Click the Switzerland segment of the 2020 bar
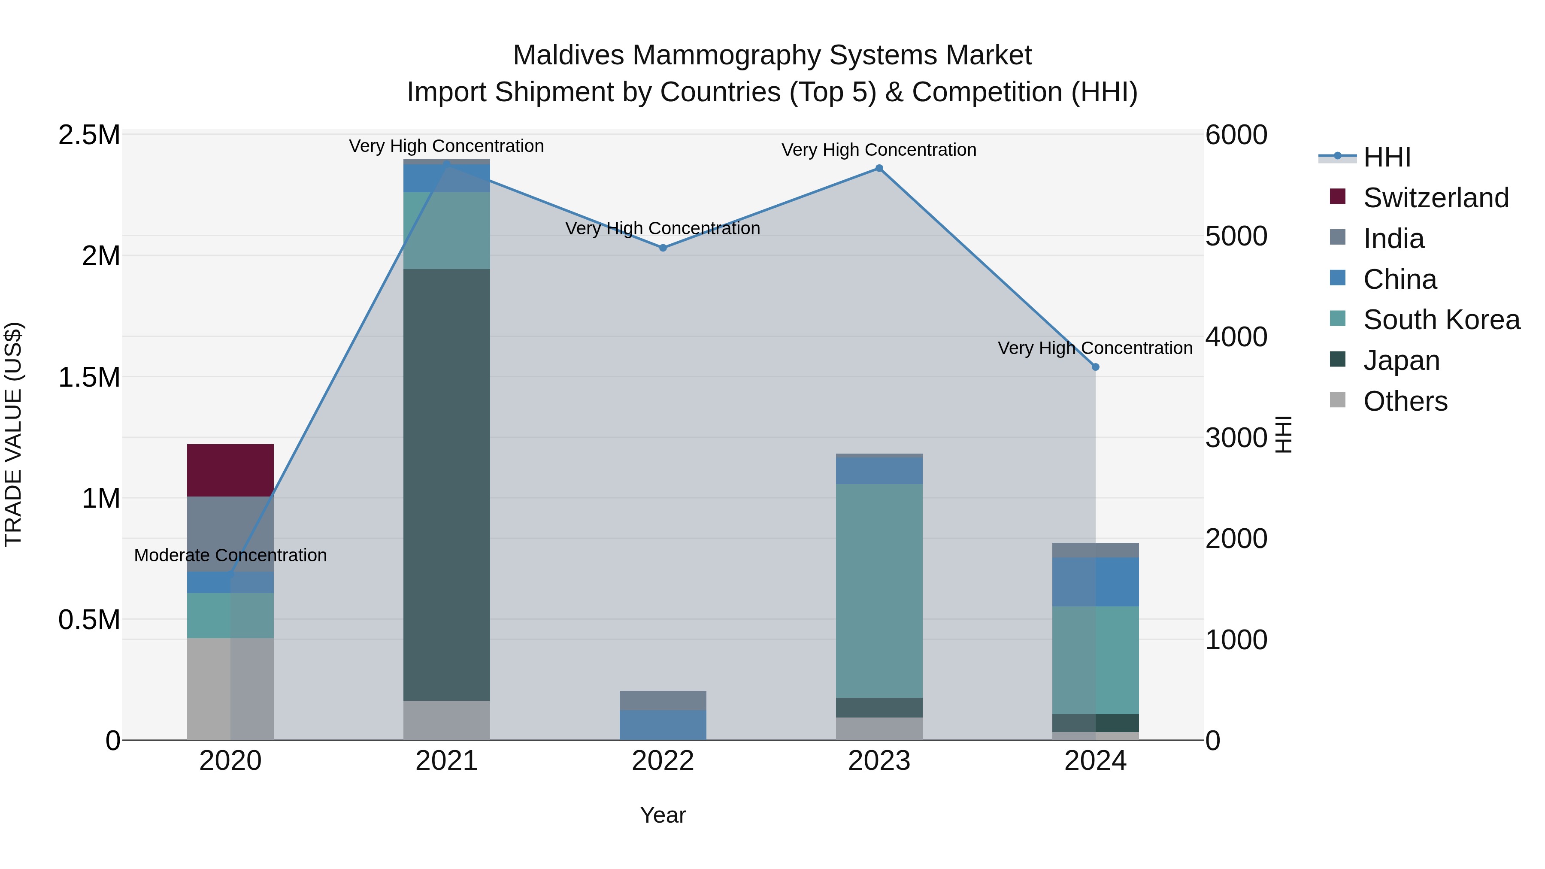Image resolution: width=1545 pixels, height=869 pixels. [x=230, y=470]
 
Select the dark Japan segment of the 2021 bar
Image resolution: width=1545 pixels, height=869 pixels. [x=446, y=484]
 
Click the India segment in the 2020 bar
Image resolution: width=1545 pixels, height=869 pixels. [x=230, y=534]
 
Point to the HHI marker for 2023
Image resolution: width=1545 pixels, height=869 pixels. [x=879, y=169]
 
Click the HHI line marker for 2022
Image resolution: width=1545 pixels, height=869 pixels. [x=663, y=248]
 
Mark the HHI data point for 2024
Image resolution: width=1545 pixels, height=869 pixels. [x=1095, y=367]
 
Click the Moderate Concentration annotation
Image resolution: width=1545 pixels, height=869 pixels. [x=230, y=555]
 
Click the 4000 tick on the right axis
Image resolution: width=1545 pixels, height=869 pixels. [x=1236, y=337]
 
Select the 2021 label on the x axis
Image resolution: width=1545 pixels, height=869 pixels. [x=446, y=761]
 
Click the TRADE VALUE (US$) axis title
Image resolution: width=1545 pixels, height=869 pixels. [x=13, y=434]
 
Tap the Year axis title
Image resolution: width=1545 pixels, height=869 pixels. [x=663, y=815]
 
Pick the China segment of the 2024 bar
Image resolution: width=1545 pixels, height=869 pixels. [x=1095, y=582]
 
